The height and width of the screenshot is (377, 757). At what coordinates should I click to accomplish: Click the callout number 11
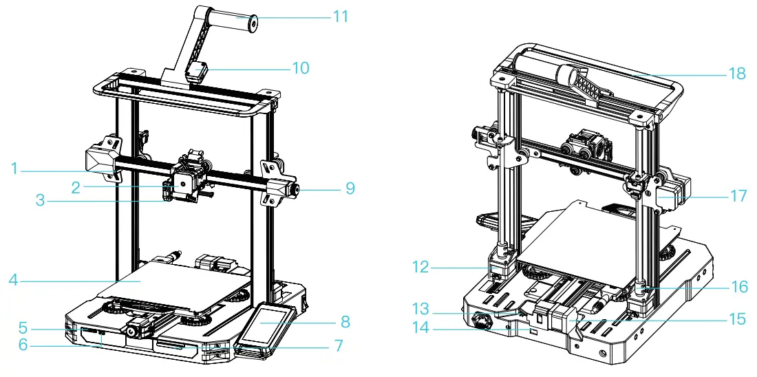point(341,16)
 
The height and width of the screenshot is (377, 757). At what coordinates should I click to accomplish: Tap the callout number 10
point(300,68)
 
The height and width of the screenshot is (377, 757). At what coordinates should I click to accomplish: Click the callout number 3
point(41,201)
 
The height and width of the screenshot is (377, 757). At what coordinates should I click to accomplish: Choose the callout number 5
point(23,327)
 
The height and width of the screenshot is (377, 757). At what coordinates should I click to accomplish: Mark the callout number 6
point(23,345)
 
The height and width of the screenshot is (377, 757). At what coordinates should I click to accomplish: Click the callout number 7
point(338,346)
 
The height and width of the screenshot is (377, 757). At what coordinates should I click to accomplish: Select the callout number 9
point(350,188)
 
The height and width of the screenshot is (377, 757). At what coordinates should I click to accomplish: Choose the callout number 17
point(738,196)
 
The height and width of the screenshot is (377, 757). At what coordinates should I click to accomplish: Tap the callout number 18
point(737,74)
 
